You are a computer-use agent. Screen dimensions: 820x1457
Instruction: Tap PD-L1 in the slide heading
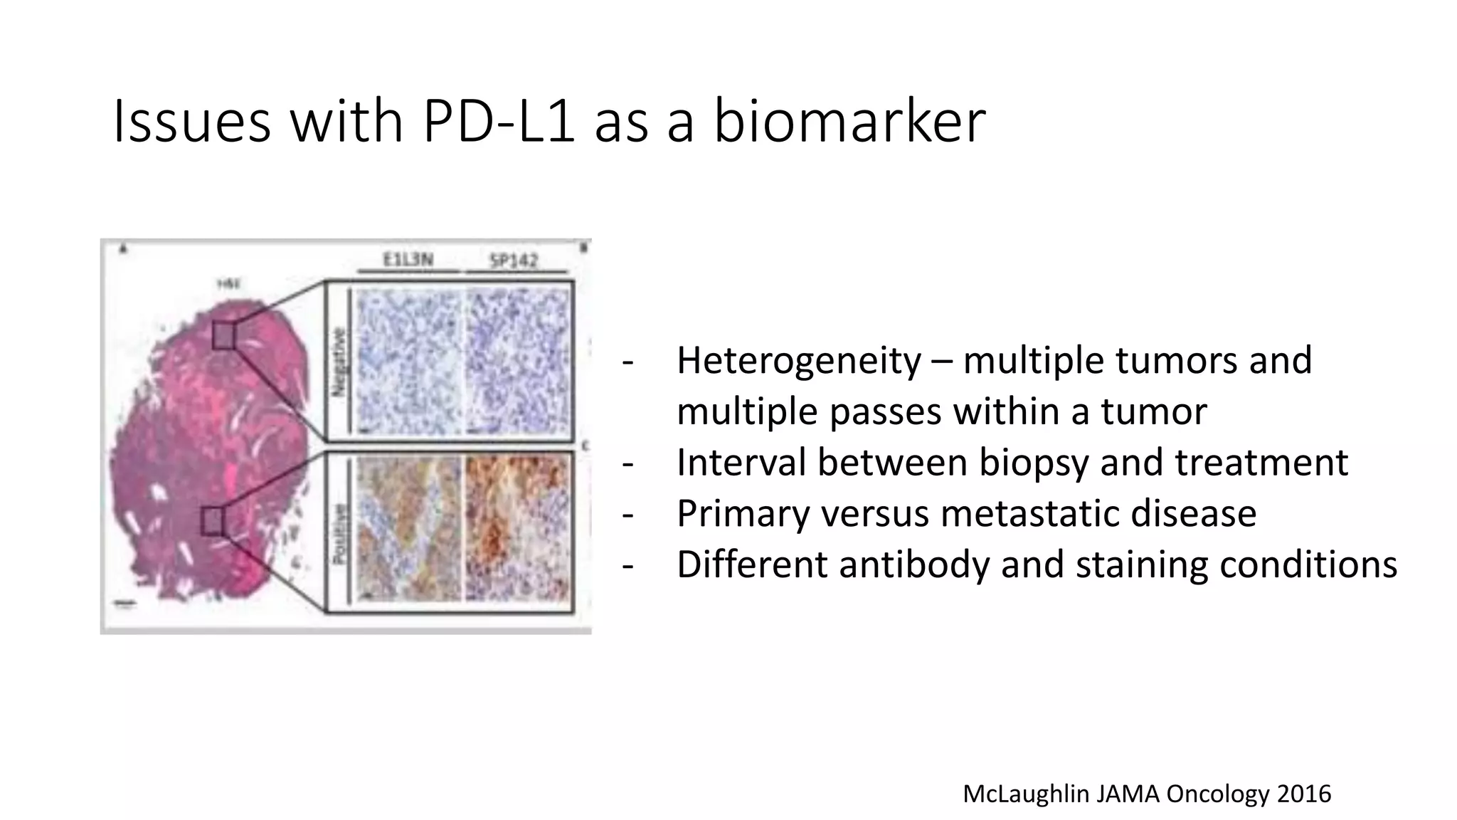tap(497, 121)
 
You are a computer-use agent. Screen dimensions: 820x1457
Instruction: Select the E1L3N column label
tap(408, 260)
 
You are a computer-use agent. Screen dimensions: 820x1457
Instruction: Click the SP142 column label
tap(514, 261)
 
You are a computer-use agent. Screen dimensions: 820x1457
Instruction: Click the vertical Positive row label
tap(341, 534)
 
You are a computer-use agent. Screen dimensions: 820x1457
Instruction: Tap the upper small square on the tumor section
tap(223, 335)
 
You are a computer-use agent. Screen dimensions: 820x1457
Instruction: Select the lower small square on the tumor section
tap(212, 521)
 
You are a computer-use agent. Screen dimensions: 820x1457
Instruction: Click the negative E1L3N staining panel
tap(408, 361)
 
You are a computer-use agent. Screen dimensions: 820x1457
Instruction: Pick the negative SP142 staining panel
tap(519, 361)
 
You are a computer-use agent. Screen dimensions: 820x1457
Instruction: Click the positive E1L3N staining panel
tap(408, 530)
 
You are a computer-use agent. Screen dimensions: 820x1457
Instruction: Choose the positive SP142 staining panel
tap(519, 530)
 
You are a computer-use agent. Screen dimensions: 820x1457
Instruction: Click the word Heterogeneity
tap(798, 360)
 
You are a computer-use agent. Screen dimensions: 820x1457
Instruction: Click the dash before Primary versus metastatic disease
tap(627, 514)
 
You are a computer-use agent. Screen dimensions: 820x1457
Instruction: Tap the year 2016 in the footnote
tap(1303, 793)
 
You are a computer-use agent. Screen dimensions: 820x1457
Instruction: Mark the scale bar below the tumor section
tap(125, 605)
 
